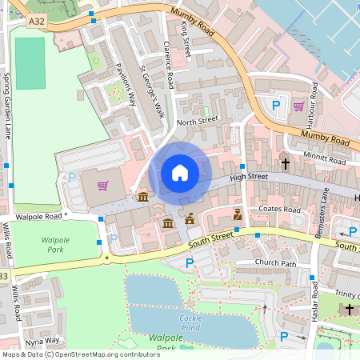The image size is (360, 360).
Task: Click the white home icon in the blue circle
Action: click(x=180, y=172)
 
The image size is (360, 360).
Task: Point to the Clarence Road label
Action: click(x=170, y=64)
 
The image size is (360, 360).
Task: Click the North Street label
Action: click(x=197, y=121)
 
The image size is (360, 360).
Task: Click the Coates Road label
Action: click(x=278, y=210)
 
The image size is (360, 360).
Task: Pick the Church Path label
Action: click(x=275, y=262)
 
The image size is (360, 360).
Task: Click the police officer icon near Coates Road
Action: click(x=237, y=214)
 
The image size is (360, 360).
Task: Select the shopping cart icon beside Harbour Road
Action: click(x=298, y=106)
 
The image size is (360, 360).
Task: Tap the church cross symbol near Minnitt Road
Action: click(x=286, y=162)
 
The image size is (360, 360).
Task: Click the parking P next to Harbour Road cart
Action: click(x=277, y=106)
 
